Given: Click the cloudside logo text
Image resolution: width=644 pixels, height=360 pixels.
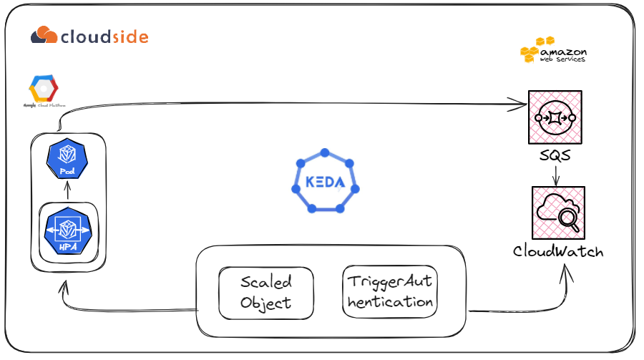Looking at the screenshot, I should point(104,36).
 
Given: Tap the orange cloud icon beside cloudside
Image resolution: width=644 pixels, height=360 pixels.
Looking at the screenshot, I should point(44,35).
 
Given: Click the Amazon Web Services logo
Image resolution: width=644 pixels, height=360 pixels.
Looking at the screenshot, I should point(553,51).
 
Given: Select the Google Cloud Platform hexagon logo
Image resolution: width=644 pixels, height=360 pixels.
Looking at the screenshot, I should point(43,89).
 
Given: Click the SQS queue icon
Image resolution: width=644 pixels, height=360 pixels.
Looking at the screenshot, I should point(554,117).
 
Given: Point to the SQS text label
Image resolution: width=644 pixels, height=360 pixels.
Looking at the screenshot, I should point(555,155).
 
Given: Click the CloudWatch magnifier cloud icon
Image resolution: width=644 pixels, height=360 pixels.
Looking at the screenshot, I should point(558,213).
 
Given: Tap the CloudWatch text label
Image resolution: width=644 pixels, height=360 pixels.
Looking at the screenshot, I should point(558,252).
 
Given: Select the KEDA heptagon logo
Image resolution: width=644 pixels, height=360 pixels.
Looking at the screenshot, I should point(325,182).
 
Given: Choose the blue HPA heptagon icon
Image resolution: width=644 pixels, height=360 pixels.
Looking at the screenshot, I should point(67,230).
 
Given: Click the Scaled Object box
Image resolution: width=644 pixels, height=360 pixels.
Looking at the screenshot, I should point(265,293).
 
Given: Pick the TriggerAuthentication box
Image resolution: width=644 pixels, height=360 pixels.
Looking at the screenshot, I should point(390,292).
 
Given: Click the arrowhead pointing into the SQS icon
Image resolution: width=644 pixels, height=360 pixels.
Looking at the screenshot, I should point(521,107).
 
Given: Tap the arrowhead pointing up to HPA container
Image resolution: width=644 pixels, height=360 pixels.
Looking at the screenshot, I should point(65,288).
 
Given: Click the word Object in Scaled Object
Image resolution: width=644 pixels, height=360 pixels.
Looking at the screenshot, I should point(265,303).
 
